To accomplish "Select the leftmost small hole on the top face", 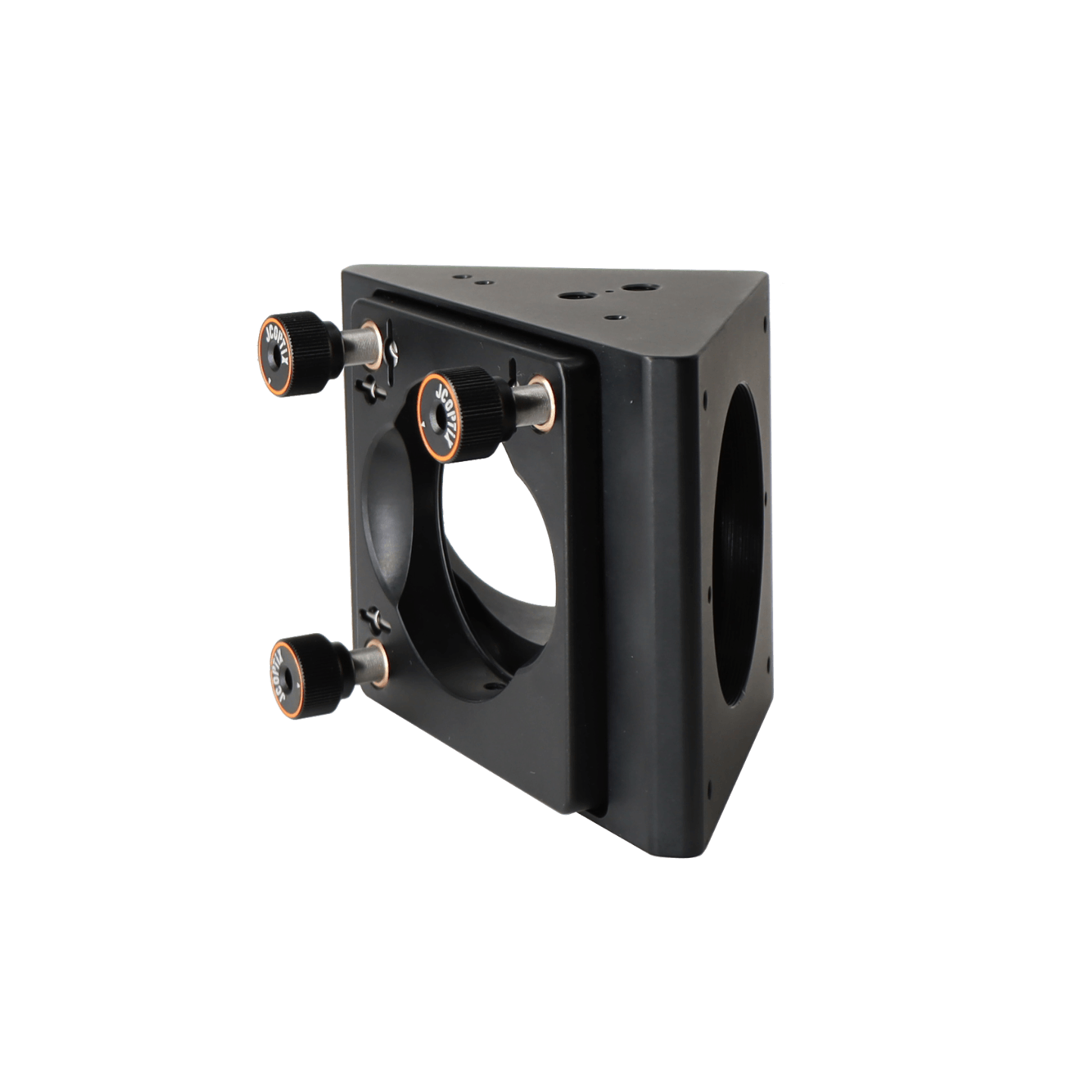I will [462, 278].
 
